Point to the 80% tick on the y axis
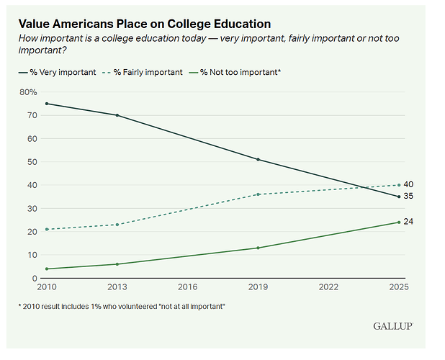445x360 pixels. click(28, 92)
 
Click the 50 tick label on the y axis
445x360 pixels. click(32, 162)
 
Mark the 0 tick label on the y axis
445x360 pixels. click(34, 278)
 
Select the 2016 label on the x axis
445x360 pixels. click(188, 287)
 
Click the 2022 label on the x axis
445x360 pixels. click(329, 287)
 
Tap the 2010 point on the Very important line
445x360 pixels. click(47, 104)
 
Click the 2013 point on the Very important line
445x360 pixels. click(117, 115)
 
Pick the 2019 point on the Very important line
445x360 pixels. click(258, 159)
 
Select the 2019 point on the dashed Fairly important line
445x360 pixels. click(258, 194)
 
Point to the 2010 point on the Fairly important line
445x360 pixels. click(47, 229)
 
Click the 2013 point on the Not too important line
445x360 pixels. click(117, 264)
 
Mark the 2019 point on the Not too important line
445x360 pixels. click(258, 248)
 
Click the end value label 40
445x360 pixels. click(408, 184)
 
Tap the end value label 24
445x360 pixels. click(408, 221)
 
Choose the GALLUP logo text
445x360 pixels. click(393, 326)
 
